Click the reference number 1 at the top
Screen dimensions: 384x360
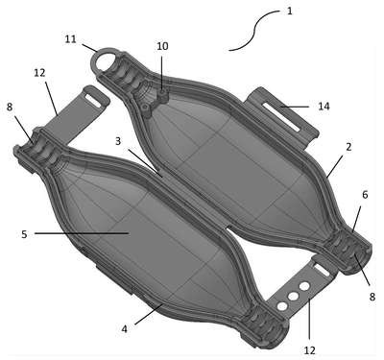pyautogui.click(x=290, y=12)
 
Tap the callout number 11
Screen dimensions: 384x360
pyautogui.click(x=71, y=39)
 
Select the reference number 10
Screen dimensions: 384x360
pyautogui.click(x=162, y=46)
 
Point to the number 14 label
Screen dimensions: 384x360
pyautogui.click(x=324, y=107)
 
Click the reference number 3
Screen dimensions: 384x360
pyautogui.click(x=118, y=140)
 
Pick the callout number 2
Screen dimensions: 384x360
pyautogui.click(x=348, y=147)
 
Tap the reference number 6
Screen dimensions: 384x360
pyautogui.click(x=365, y=194)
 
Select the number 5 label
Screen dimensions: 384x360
pyautogui.click(x=24, y=234)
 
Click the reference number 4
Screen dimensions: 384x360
pyautogui.click(x=124, y=328)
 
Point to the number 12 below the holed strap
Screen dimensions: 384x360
pyautogui.click(x=309, y=350)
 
